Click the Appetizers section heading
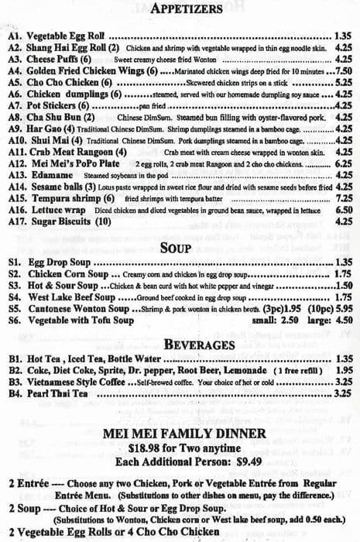pyautogui.click(x=180, y=10)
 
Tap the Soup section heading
pyautogui.click(x=180, y=249)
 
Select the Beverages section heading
pyautogui.click(x=180, y=344)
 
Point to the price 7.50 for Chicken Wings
pyautogui.click(x=343, y=69)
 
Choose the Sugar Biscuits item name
pyautogui.click(x=67, y=221)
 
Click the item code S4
pyautogui.click(x=15, y=296)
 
